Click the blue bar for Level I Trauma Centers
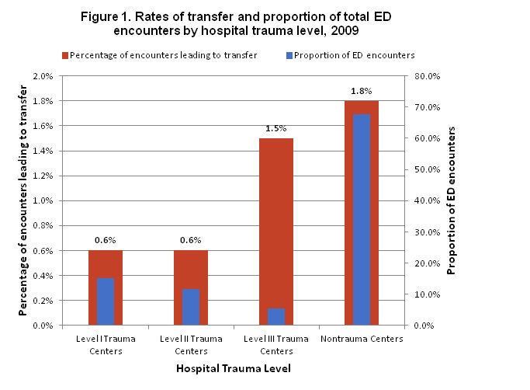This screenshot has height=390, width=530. (105, 301)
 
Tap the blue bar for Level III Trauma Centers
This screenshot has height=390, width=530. (276, 316)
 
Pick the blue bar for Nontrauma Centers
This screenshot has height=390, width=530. (362, 220)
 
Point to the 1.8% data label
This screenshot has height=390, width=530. (362, 91)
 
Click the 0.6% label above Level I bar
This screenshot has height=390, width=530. (105, 240)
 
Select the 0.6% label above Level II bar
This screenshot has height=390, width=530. (190, 240)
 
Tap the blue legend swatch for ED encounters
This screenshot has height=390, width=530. (289, 55)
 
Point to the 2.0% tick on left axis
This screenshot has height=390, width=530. (41, 76)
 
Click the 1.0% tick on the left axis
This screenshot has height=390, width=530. (41, 200)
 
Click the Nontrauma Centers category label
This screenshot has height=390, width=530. (362, 339)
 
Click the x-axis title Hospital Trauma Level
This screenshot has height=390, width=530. (233, 367)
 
